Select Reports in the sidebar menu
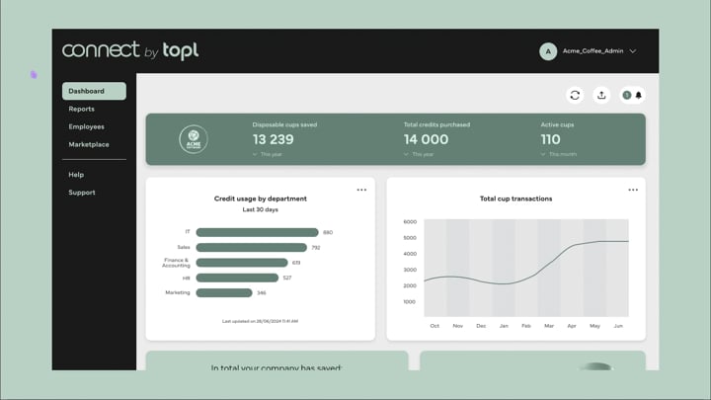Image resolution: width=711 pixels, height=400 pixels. point(82,109)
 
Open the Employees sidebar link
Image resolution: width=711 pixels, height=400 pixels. point(86,126)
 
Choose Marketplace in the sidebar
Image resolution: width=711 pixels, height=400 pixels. point(89,144)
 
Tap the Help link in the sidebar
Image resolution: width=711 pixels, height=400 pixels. point(76,175)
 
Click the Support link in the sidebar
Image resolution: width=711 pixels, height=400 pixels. point(82,193)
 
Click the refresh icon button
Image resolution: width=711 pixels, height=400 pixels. point(575,95)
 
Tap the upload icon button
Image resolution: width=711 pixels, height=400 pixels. point(601,95)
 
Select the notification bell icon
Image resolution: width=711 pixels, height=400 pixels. point(638,96)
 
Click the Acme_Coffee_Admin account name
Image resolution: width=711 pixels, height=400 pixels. point(592,51)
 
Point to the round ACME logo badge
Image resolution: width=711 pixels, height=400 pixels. point(194,139)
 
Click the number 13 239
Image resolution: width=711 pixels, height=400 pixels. point(274,139)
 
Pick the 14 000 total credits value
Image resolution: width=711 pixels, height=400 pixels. point(426,139)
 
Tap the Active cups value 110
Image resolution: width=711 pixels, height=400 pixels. point(550,139)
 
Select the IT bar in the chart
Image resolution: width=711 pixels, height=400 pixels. point(257,232)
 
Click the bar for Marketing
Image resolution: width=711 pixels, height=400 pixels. point(224,292)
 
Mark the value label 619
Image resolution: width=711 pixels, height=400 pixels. point(296,263)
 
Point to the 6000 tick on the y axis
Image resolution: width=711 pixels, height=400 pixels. point(410,222)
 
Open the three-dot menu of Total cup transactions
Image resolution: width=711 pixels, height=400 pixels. point(633,190)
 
